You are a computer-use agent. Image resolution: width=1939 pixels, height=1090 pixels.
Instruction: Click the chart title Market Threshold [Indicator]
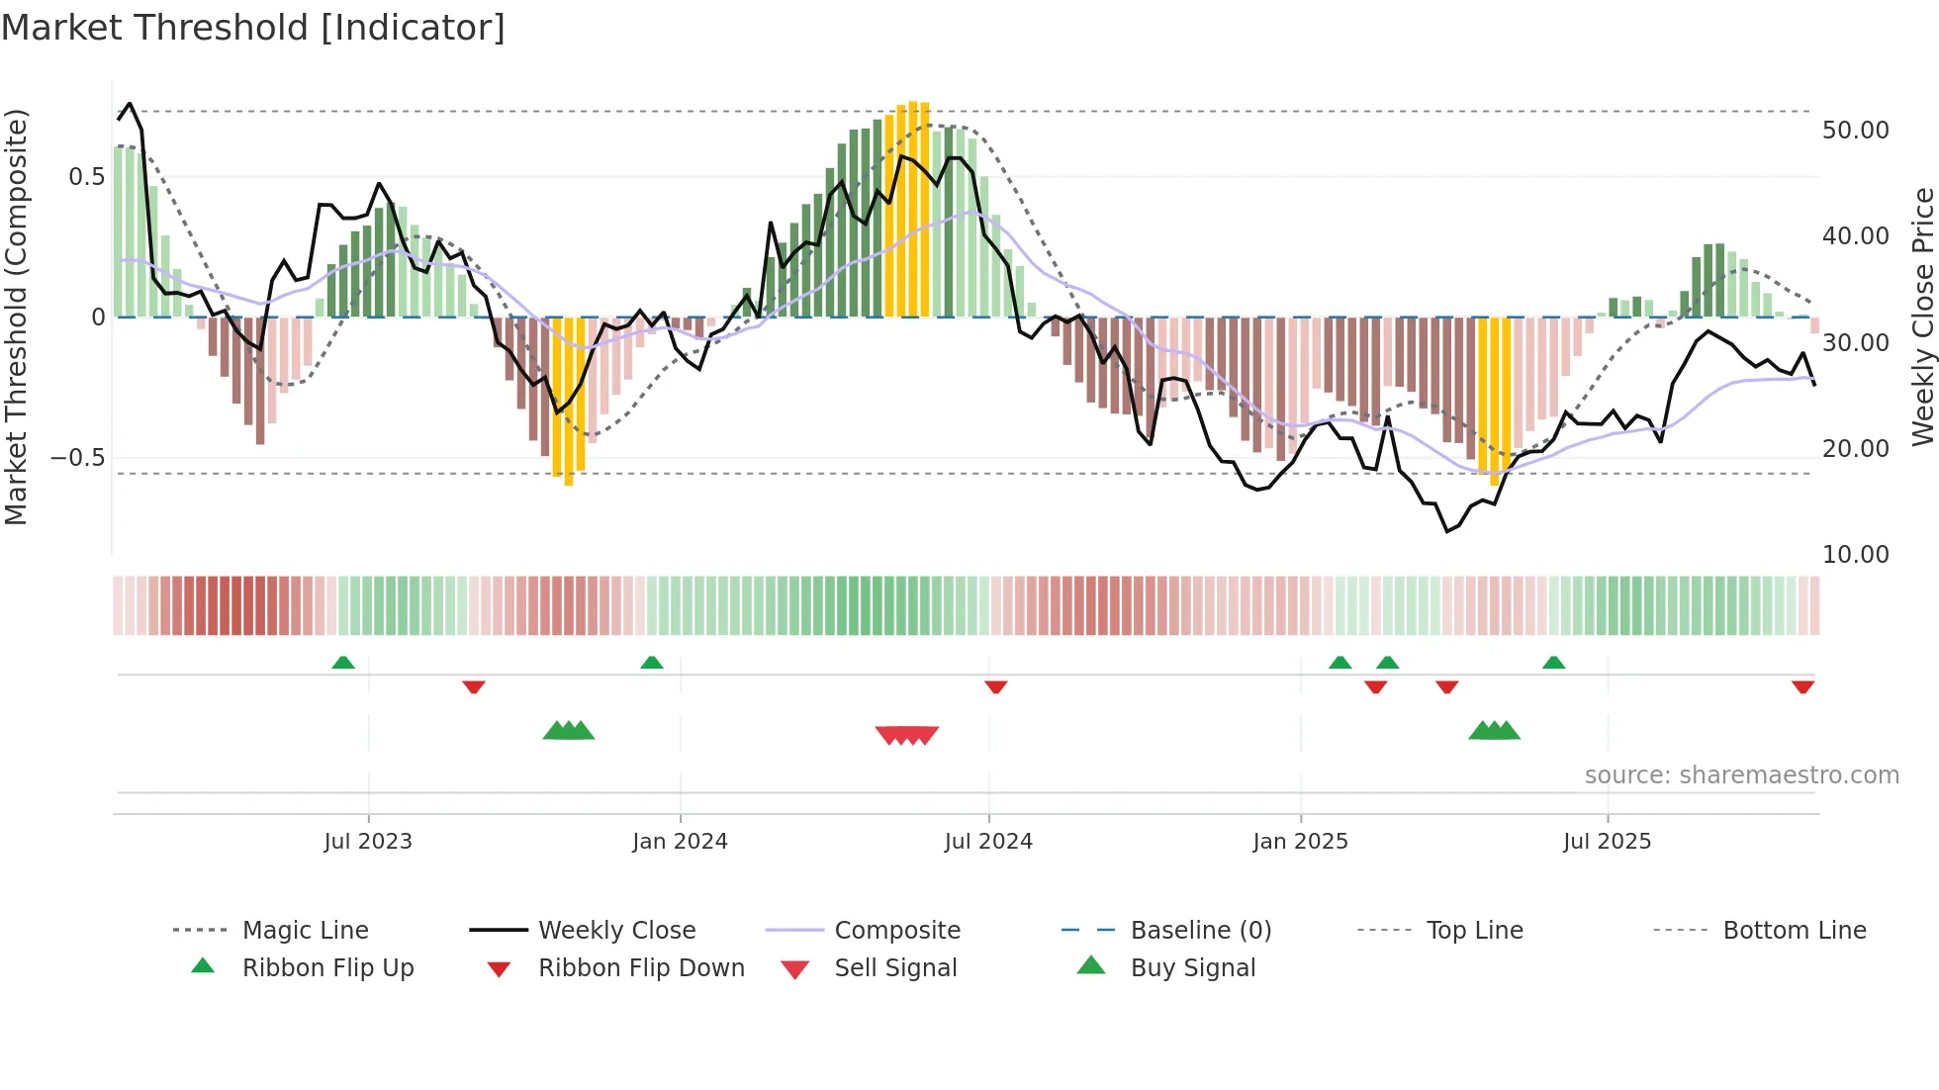(x=253, y=28)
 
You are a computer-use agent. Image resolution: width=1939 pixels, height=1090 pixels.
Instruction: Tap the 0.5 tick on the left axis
(x=86, y=177)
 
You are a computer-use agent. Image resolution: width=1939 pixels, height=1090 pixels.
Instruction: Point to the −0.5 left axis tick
(x=78, y=458)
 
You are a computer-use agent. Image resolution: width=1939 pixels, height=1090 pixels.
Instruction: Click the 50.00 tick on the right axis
(x=1855, y=131)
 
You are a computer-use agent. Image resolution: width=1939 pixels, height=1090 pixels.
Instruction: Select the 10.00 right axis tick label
(x=1855, y=555)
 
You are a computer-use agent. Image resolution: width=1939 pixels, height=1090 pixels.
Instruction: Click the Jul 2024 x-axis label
(x=988, y=842)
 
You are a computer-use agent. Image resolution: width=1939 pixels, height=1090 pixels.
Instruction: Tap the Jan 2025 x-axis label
(x=1300, y=842)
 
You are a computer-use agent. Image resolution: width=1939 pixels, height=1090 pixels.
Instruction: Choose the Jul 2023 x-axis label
(x=368, y=842)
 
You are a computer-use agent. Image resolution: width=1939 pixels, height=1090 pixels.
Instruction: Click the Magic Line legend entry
(x=305, y=931)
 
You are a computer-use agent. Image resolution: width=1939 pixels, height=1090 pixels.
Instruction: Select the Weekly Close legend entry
(x=616, y=931)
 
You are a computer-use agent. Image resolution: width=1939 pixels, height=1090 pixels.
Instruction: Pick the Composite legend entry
(x=896, y=931)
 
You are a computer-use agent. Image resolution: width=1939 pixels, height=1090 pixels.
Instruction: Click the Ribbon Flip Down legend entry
(x=640, y=968)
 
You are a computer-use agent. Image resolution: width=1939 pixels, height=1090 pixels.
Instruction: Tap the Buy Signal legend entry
(x=1192, y=968)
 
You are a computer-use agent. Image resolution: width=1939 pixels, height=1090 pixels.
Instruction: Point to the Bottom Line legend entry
(x=1794, y=931)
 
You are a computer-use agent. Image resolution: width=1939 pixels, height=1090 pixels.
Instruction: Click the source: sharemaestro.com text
(x=1741, y=775)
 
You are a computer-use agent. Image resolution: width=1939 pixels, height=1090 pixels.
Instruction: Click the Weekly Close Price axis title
(x=1922, y=317)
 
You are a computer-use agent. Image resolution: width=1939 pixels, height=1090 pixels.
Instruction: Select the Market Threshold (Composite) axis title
(x=16, y=317)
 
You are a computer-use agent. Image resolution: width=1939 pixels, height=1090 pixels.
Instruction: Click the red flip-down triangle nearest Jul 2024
(x=996, y=686)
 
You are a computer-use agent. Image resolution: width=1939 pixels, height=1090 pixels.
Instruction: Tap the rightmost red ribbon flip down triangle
(x=1802, y=686)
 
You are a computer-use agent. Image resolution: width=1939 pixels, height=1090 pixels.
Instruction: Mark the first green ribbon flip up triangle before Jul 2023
(x=343, y=663)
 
